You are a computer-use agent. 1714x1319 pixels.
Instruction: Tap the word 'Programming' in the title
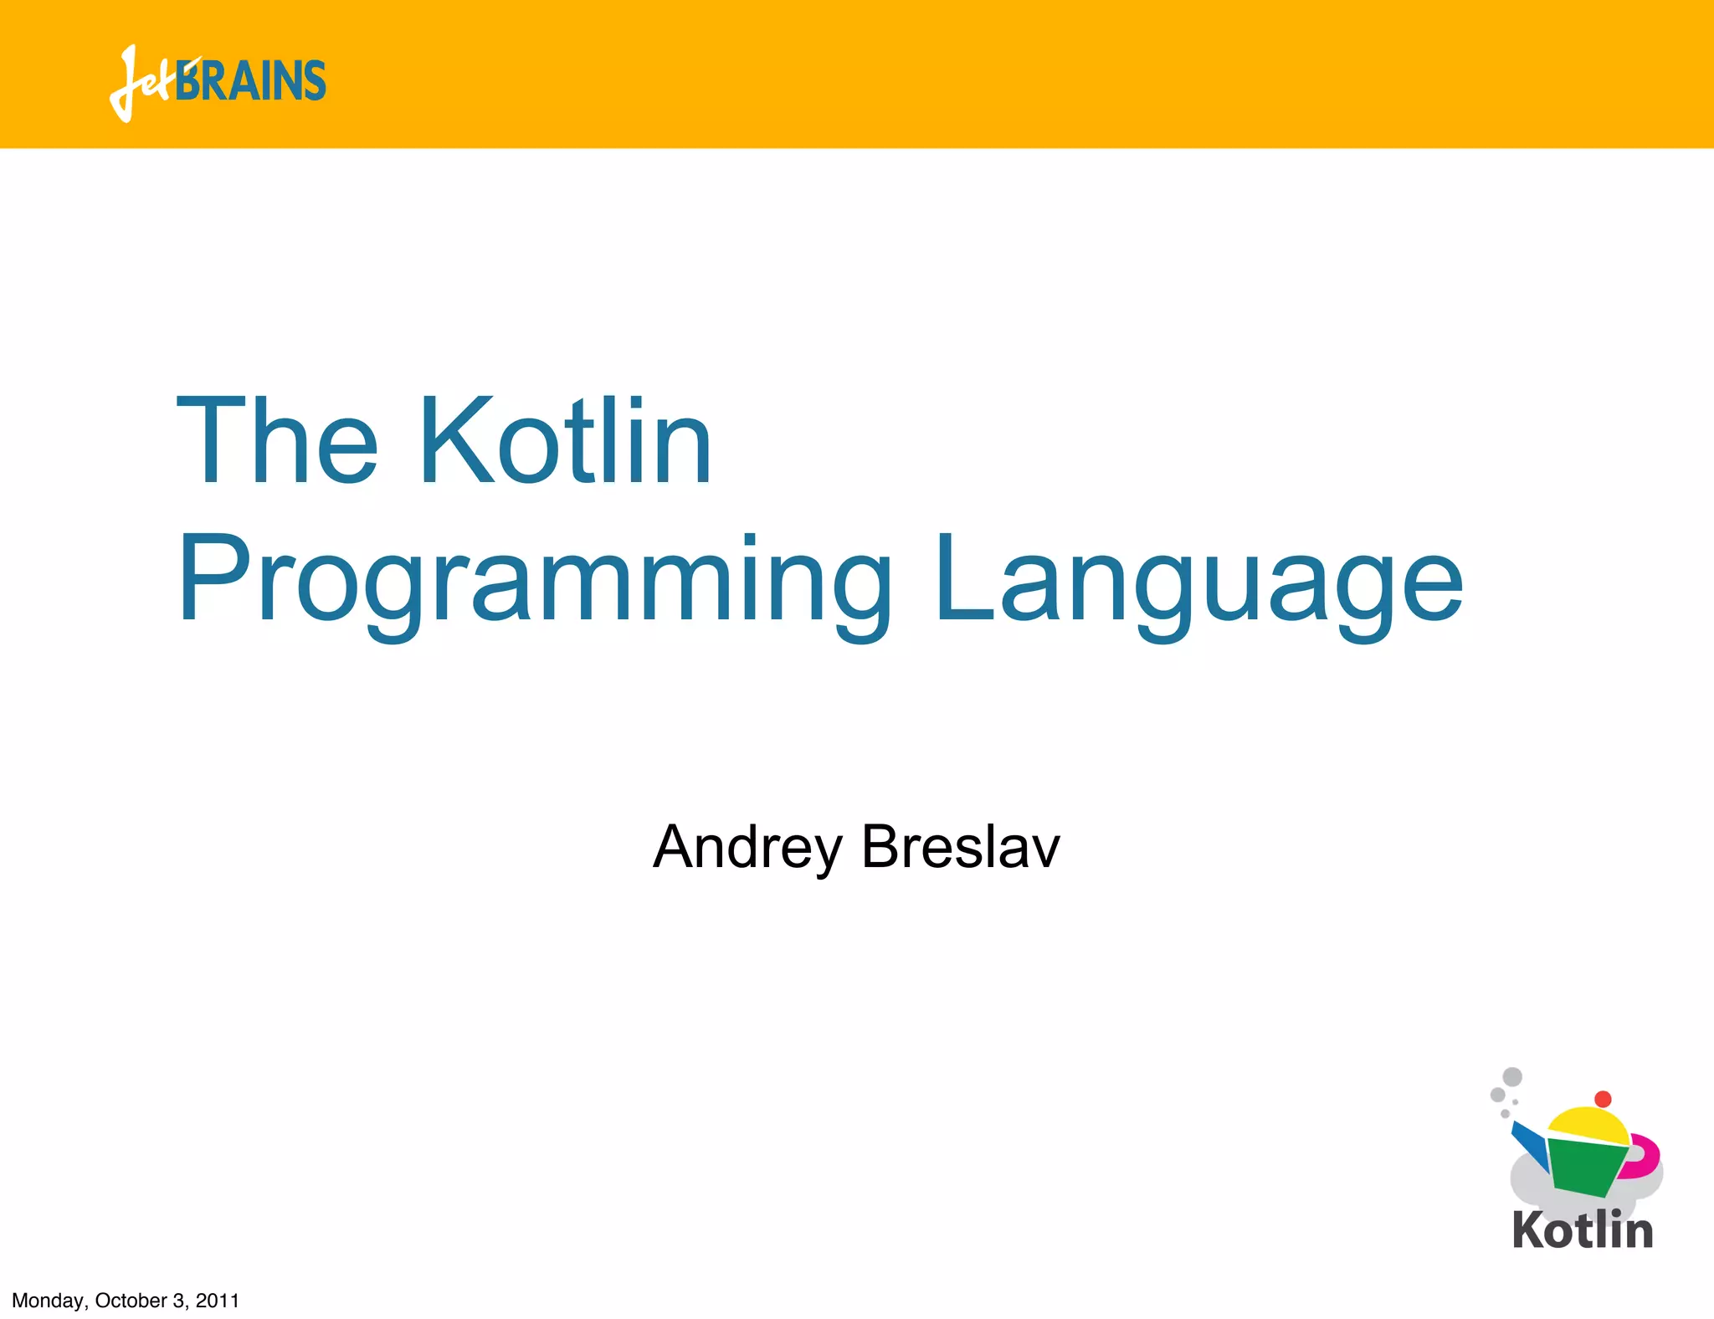534,582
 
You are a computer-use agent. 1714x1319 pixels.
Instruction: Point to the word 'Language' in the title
1198,582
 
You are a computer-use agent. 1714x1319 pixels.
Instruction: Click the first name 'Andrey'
747,847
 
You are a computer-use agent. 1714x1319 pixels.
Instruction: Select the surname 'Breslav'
960,847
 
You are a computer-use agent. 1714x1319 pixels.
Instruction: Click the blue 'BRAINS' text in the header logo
251,81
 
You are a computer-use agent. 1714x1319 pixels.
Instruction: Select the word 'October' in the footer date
131,1301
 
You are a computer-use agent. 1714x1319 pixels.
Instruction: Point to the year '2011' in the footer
218,1301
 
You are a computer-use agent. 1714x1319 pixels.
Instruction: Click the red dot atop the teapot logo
1603,1099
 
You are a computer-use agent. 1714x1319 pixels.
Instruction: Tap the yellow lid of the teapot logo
1587,1127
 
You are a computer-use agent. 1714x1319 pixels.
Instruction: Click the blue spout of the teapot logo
1530,1145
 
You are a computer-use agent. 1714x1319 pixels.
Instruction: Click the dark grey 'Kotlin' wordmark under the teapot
1583,1230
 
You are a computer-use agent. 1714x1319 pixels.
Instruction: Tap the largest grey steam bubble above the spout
1512,1076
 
